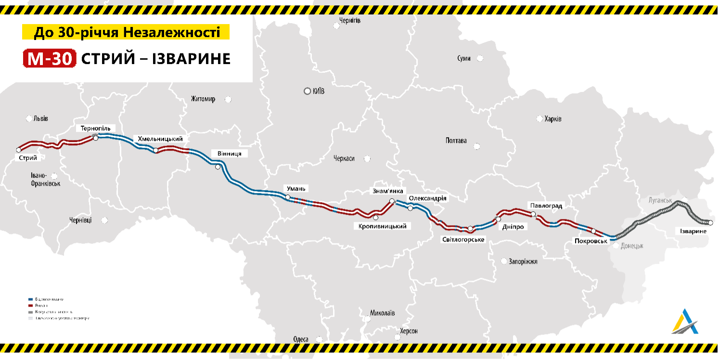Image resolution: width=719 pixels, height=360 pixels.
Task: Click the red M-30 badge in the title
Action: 50,59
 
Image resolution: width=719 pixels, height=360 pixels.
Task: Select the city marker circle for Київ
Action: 307,91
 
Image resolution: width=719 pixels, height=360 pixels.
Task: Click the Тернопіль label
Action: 96,129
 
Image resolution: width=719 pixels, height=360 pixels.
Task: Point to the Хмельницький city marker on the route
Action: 155,151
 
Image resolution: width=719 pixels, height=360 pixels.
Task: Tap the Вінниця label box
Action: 230,154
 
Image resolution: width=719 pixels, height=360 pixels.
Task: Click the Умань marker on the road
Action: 288,197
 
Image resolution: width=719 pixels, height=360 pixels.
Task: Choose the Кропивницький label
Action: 383,226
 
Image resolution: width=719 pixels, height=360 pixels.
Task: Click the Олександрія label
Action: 428,198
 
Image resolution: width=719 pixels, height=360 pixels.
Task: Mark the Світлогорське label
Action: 463,239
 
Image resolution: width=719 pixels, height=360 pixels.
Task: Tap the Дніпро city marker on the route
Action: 498,219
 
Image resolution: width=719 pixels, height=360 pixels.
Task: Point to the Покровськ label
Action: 591,240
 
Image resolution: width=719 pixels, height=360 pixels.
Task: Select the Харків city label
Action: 552,119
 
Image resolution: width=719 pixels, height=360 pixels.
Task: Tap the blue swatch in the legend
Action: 31,299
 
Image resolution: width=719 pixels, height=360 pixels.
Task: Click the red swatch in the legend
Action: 31,305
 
